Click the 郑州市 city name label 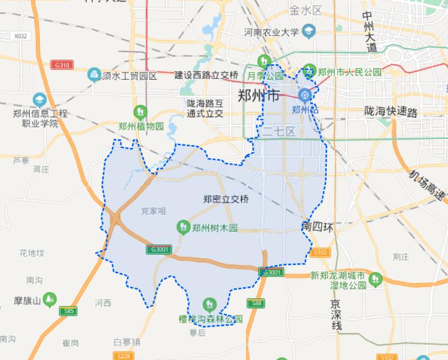258,94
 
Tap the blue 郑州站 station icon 305,95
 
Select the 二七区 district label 279,132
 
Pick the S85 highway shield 68,311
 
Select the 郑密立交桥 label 225,200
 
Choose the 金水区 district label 306,10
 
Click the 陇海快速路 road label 391,111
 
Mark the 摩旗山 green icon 50,299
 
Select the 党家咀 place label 153,211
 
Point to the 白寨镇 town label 126,342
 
